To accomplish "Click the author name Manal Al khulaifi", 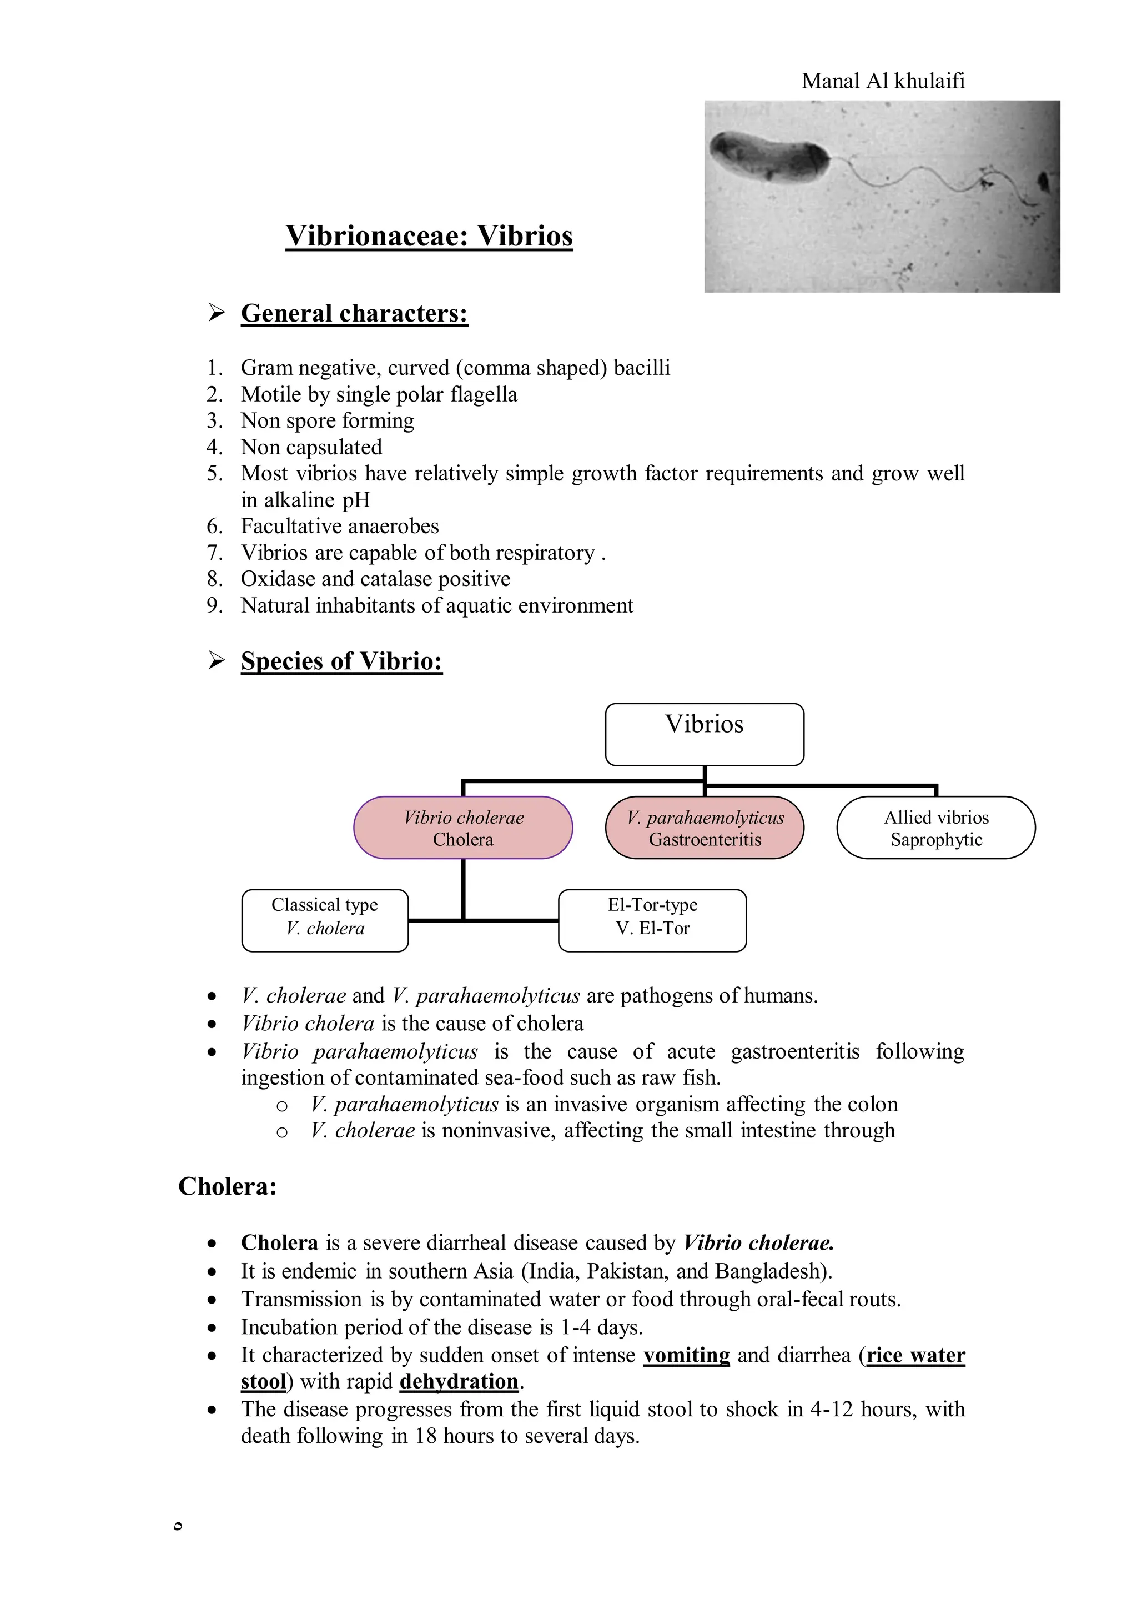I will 883,81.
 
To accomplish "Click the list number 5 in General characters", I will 214,474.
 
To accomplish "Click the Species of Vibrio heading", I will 341,661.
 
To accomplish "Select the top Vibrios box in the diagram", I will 704,734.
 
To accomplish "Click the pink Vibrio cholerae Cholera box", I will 463,828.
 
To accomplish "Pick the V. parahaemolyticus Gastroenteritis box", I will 705,828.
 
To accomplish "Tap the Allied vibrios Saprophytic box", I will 936,828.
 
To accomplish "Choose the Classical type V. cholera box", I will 325,920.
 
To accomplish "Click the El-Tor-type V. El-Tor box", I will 652,920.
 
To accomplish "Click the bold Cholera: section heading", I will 228,1186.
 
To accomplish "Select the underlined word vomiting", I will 687,1355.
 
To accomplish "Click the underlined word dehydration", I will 459,1382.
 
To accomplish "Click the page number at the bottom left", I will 178,1526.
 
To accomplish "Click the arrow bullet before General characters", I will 217,313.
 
